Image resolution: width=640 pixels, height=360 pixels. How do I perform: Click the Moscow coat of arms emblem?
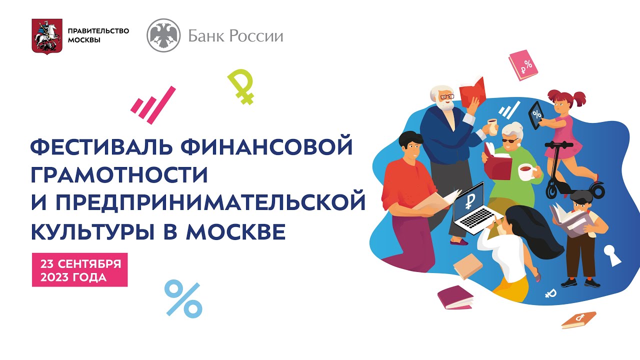click(47, 36)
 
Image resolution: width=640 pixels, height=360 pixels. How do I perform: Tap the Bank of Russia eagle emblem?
click(163, 35)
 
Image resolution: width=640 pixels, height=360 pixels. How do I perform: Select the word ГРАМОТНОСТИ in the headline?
click(119, 174)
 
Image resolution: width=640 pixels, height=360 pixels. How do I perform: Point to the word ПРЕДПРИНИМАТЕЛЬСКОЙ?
click(210, 202)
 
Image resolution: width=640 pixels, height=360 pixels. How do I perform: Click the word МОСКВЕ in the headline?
click(235, 231)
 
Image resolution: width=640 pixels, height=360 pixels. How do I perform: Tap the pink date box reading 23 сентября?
click(79, 269)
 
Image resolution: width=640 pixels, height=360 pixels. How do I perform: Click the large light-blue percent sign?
click(183, 299)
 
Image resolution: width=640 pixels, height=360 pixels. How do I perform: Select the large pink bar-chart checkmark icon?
click(153, 105)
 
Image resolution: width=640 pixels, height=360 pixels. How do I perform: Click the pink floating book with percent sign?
click(523, 65)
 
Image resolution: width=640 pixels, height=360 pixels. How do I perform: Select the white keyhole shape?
click(611, 255)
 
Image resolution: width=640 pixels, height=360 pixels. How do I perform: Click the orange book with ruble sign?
click(578, 320)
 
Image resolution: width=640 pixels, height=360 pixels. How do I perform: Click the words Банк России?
click(235, 36)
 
